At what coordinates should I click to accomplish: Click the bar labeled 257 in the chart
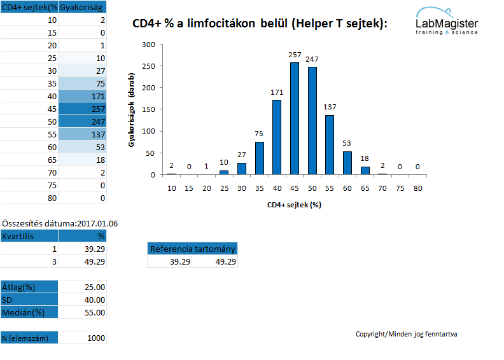coord(295,118)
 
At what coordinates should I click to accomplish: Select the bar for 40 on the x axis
coord(277,137)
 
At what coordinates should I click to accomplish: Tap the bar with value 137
coord(330,145)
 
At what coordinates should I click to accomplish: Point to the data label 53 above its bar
coord(346,143)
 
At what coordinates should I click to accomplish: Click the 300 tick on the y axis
coord(148,45)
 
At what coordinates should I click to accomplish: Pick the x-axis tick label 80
coord(417,188)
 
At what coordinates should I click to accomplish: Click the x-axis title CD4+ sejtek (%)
coord(294,205)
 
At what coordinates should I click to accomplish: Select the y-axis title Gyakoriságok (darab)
coord(131,110)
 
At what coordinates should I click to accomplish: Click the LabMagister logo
coord(447,21)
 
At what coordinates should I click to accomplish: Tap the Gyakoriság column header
coord(82,7)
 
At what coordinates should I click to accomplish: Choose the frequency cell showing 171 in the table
coord(82,96)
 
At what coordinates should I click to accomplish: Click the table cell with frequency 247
coord(82,121)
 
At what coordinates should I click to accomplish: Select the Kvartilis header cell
coord(29,236)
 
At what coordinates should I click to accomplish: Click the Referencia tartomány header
coord(193,249)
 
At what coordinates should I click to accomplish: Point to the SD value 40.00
coord(82,300)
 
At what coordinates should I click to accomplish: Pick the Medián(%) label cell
coord(29,312)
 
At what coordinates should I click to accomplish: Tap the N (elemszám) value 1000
coord(82,338)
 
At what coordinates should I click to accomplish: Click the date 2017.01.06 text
coord(97,223)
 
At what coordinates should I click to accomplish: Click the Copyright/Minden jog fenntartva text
coord(406,334)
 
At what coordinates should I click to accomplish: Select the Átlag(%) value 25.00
coord(82,287)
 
